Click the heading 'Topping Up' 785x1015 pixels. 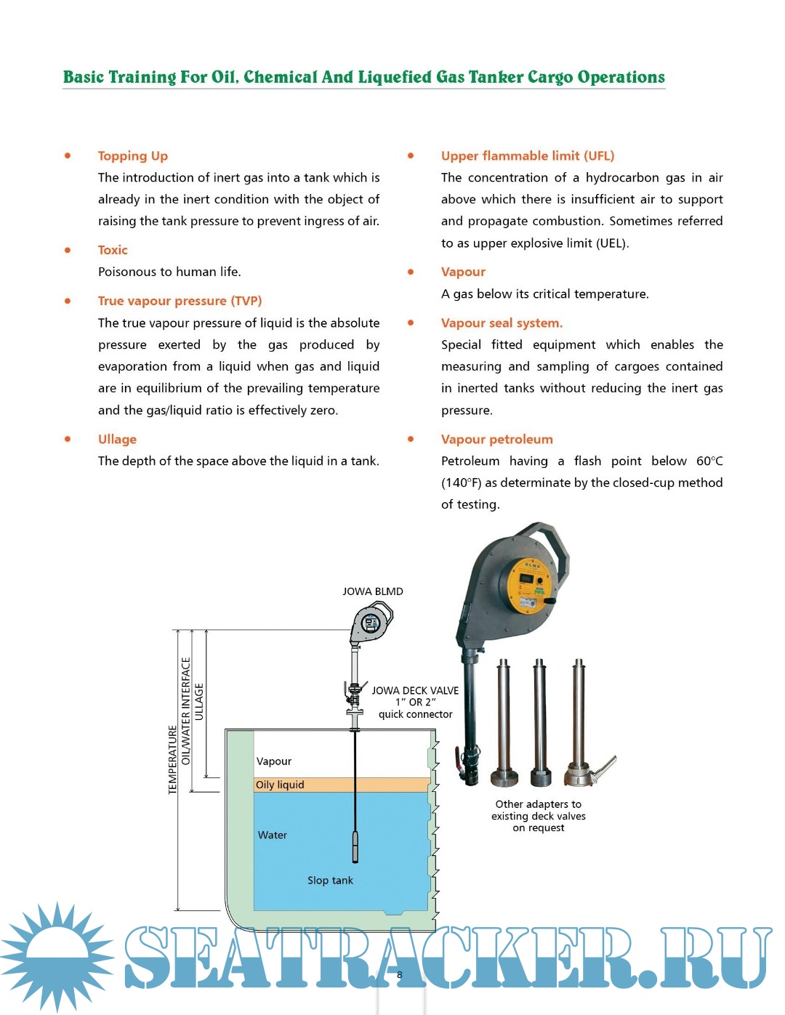coord(133,155)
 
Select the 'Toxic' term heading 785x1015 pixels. coord(113,250)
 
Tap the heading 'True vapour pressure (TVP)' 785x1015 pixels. coord(180,301)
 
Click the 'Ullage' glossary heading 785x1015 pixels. coord(117,439)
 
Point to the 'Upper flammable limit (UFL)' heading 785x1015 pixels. coord(527,155)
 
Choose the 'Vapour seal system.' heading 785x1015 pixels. coord(502,323)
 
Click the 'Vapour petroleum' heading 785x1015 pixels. coord(496,439)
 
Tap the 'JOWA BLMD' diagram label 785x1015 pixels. coord(372,591)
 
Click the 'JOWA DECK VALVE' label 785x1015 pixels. coord(415,691)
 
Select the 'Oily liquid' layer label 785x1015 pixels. coord(280,785)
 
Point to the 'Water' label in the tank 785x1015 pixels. coord(273,835)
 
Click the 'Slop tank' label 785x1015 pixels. coord(330,880)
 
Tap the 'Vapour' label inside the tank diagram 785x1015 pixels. coord(274,761)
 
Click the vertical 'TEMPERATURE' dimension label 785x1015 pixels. coord(173,759)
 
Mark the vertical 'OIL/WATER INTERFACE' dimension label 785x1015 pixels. coord(186,711)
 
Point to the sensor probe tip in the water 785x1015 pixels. coord(355,846)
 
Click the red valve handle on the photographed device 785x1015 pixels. coord(459,763)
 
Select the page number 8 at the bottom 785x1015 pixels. coord(399,975)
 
